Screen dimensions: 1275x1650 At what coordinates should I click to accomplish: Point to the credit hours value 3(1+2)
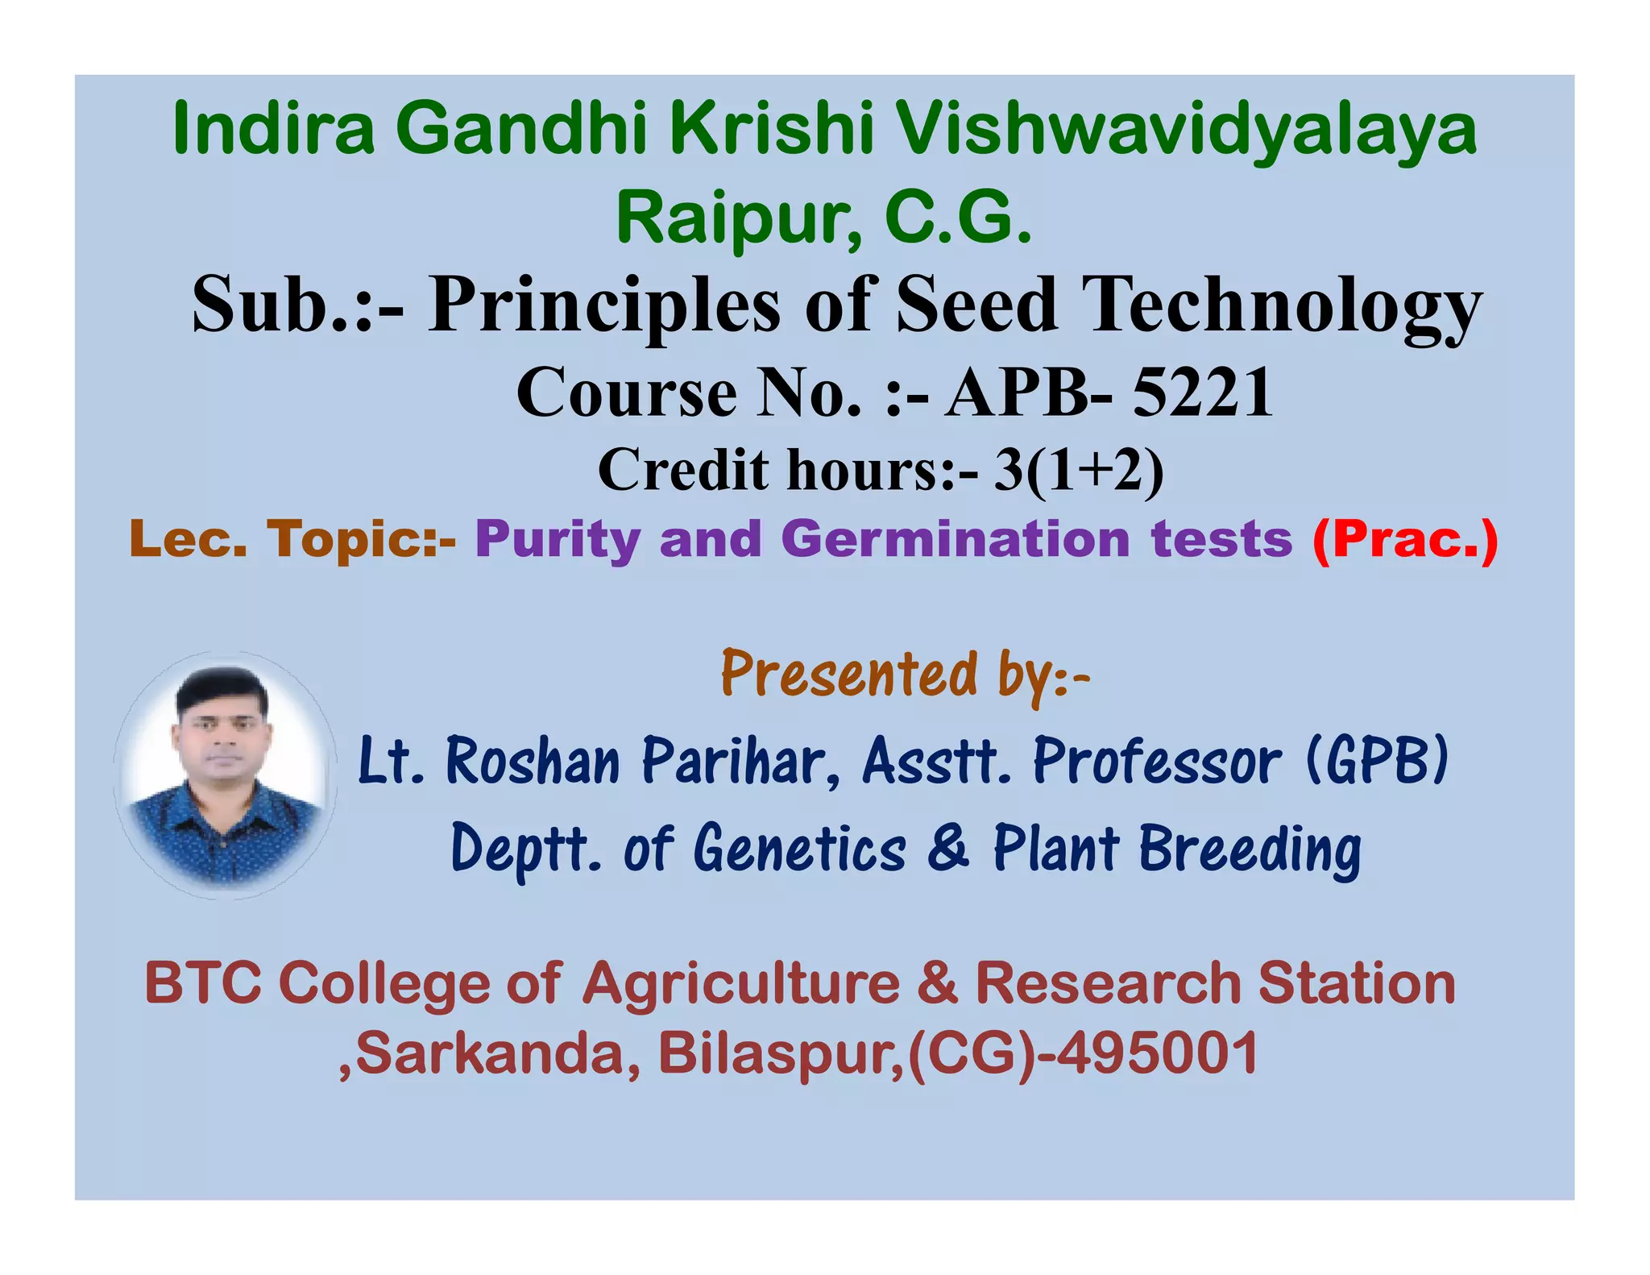coord(1079,470)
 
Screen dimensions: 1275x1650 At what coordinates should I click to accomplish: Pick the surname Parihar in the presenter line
coord(741,761)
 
